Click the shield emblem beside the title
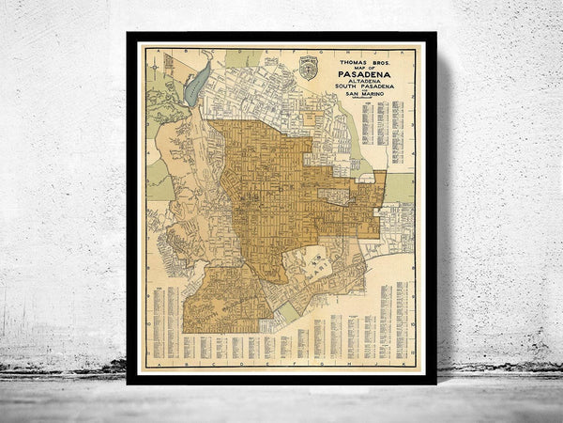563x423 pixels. (x=308, y=68)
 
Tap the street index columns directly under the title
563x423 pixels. (x=384, y=132)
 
